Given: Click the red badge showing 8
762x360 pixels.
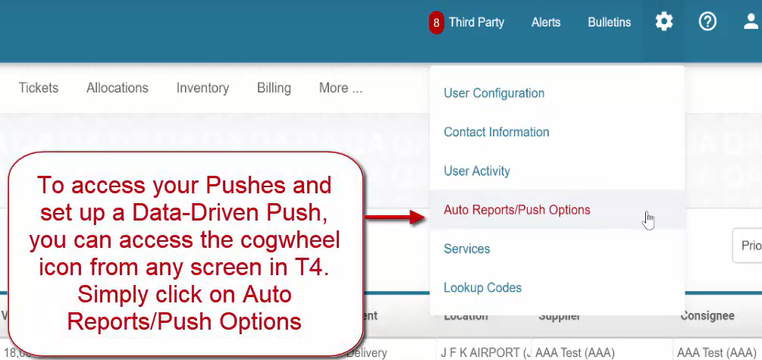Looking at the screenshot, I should [x=436, y=23].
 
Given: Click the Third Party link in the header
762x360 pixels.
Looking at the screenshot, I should [x=476, y=23].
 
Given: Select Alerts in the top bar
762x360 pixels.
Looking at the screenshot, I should [x=546, y=23].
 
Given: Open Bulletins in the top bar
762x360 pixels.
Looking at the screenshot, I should [x=609, y=23].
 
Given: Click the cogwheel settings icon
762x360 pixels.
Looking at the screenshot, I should [x=664, y=22].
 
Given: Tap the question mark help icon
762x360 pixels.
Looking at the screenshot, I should [x=707, y=22].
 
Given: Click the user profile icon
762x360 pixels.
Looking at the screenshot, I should [x=751, y=22].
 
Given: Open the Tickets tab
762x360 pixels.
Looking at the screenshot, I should [x=39, y=88].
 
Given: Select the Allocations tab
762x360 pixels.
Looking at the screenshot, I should [x=118, y=88].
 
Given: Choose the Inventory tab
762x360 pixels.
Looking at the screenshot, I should [x=202, y=88].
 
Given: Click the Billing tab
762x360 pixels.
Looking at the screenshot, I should [x=274, y=88].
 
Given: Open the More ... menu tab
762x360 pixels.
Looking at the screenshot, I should [x=340, y=88].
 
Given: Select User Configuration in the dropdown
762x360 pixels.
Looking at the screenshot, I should [x=494, y=93].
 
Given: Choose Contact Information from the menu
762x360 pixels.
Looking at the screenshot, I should [x=497, y=132].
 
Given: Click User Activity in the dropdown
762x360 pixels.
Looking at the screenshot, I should [x=477, y=171].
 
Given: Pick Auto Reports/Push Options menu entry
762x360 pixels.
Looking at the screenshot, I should [x=517, y=210].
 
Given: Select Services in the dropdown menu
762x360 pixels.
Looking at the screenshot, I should [x=467, y=249].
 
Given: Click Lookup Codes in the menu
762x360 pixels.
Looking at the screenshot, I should [x=483, y=288].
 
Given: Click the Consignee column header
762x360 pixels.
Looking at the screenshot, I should [x=707, y=315].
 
